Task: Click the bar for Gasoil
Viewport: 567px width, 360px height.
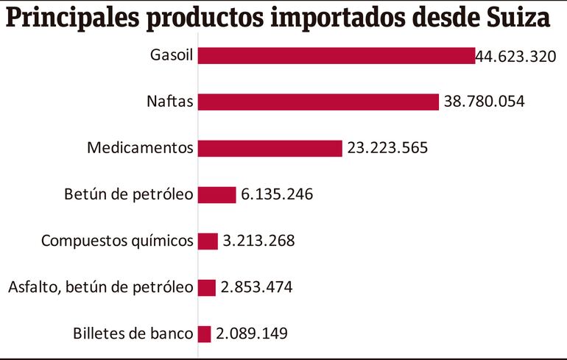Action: [x=336, y=56]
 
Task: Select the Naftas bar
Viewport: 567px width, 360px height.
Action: [x=318, y=102]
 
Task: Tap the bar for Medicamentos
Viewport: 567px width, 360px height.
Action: [x=270, y=149]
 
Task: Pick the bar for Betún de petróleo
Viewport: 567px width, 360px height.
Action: [x=216, y=195]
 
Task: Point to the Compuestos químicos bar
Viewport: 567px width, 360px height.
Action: [x=208, y=241]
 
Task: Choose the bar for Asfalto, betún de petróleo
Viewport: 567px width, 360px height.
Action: [x=206, y=287]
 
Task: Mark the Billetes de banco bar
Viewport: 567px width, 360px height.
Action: [x=204, y=333]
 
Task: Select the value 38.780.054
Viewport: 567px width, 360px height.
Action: [x=484, y=102]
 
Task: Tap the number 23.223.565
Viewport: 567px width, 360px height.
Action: [x=387, y=149]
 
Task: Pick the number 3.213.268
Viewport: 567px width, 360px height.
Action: [x=258, y=241]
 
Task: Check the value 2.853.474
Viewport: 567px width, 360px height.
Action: [x=256, y=287]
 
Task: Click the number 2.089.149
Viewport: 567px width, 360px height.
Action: [x=252, y=333]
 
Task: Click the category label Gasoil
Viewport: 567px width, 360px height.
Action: [x=171, y=56]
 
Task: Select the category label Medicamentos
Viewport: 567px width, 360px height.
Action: [x=140, y=149]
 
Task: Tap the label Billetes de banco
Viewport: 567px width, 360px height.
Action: [x=133, y=333]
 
